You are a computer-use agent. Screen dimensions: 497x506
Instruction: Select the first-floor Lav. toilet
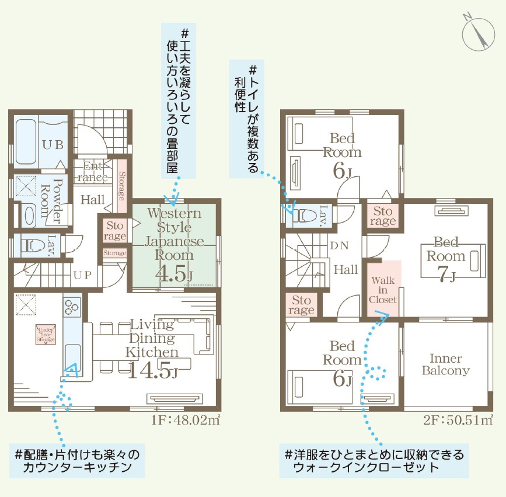click(30, 244)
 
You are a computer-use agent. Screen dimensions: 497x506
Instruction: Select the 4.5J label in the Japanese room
click(173, 273)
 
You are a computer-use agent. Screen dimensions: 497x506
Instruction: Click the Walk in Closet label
click(383, 290)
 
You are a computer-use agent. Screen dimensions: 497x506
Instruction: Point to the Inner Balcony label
click(445, 364)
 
